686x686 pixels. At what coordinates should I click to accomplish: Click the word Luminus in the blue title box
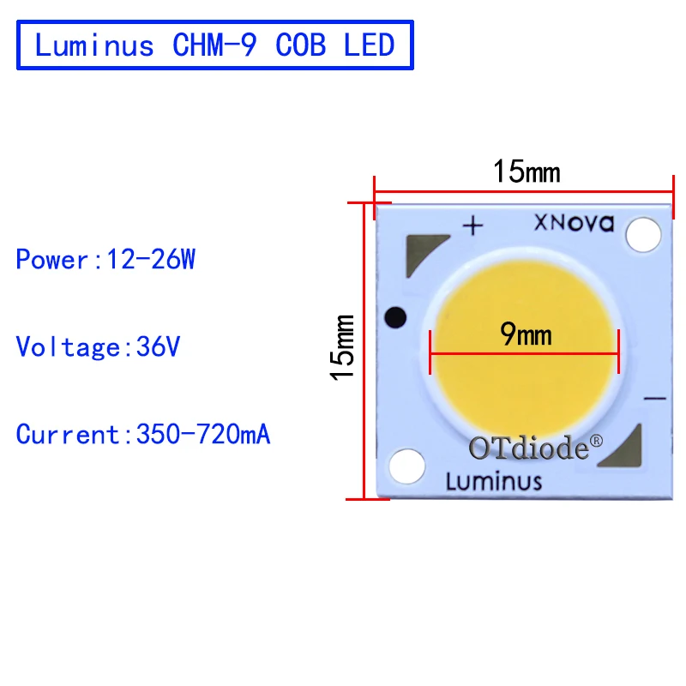[94, 45]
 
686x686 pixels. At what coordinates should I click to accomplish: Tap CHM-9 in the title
[214, 45]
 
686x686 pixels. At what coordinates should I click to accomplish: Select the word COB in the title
[301, 45]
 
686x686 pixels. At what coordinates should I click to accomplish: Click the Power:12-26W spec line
[105, 259]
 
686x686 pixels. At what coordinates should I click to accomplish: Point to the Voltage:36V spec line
[99, 346]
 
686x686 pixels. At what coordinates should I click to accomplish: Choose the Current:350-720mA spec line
[143, 435]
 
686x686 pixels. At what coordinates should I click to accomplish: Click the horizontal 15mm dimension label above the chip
[526, 171]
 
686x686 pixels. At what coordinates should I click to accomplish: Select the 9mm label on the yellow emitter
[527, 334]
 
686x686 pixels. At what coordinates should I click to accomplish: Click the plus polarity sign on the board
[473, 226]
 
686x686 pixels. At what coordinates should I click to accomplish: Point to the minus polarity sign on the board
[654, 398]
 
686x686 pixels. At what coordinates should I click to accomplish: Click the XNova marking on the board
[575, 224]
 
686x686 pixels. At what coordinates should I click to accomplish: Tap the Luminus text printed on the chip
[494, 480]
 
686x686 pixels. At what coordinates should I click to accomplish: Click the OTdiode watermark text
[528, 447]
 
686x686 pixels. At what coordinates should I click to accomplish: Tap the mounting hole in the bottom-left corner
[406, 466]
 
